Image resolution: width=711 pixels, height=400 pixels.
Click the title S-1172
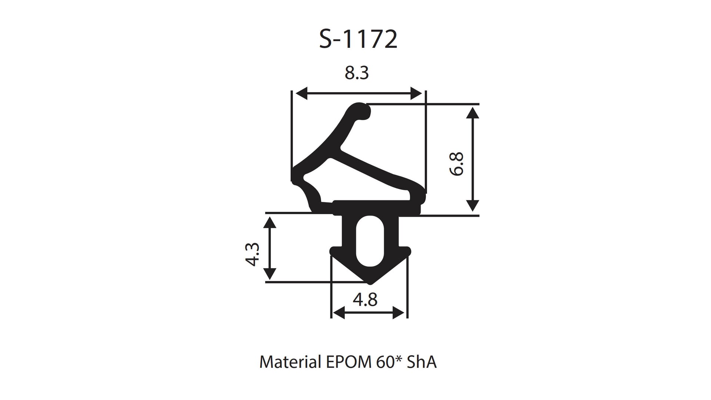point(358,40)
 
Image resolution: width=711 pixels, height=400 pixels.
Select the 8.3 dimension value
point(357,73)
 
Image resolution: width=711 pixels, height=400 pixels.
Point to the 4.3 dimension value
point(252,254)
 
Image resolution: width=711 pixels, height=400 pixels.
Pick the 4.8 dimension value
point(365,299)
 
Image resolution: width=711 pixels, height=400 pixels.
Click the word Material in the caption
point(290,362)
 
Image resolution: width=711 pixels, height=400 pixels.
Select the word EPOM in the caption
point(347,362)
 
